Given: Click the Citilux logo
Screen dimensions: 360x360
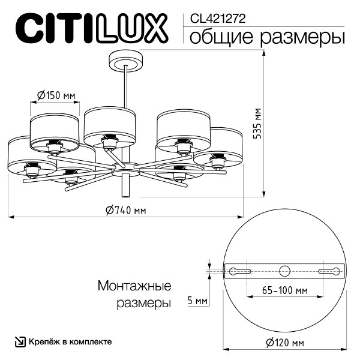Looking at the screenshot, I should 91,29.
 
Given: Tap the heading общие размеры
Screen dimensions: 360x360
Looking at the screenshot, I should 267,37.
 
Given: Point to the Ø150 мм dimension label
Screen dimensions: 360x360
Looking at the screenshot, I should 56,95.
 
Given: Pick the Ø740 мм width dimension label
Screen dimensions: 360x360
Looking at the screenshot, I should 125,210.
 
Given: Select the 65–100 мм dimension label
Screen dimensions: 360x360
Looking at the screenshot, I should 285,290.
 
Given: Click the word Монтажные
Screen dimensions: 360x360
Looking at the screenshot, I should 134,286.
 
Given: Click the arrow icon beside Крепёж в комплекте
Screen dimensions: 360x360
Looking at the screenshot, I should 20,341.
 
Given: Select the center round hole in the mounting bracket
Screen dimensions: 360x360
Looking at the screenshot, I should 285,270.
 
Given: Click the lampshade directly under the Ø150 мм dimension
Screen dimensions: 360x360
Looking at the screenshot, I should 55,128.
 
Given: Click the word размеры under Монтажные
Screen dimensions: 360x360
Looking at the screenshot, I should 142,304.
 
